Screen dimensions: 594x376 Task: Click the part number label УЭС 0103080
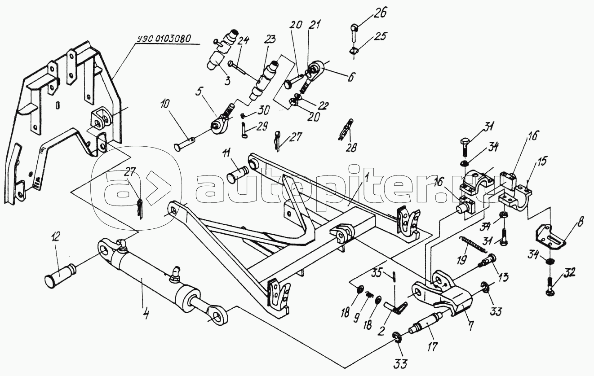164,39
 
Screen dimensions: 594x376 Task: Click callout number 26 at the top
380,13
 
